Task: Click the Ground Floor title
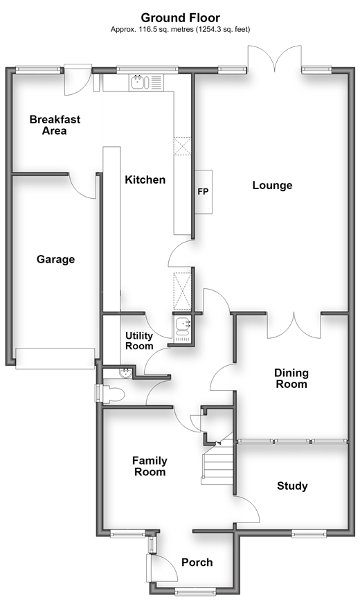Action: point(181,17)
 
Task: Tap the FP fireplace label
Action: point(203,191)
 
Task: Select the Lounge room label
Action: point(272,185)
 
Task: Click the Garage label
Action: point(55,259)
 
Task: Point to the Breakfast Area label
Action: point(55,125)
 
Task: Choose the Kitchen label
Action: point(145,179)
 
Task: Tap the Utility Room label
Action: point(139,341)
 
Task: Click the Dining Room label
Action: point(291,378)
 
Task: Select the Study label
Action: point(292,486)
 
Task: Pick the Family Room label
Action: point(150,466)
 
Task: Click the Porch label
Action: point(197,562)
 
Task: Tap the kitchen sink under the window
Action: point(138,82)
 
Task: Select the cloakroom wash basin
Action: point(126,373)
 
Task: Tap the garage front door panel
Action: point(55,359)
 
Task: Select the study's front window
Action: point(309,533)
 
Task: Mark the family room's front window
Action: point(127,533)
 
